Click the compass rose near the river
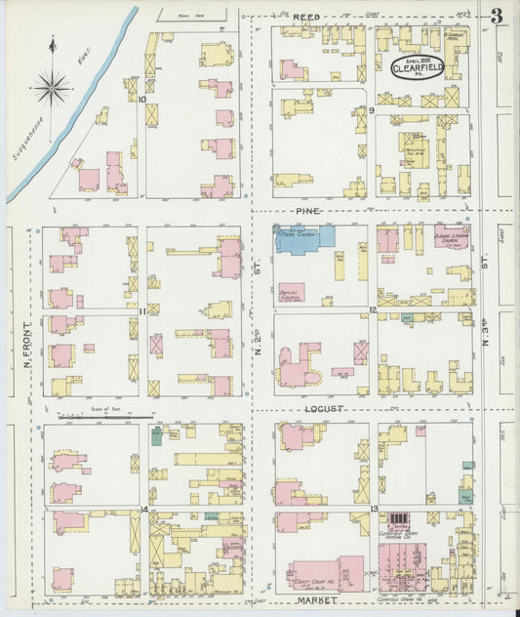(x=50, y=89)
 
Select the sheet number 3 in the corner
(x=498, y=17)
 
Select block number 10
(x=142, y=99)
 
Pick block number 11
(x=142, y=310)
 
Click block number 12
(x=373, y=310)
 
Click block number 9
(x=372, y=110)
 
